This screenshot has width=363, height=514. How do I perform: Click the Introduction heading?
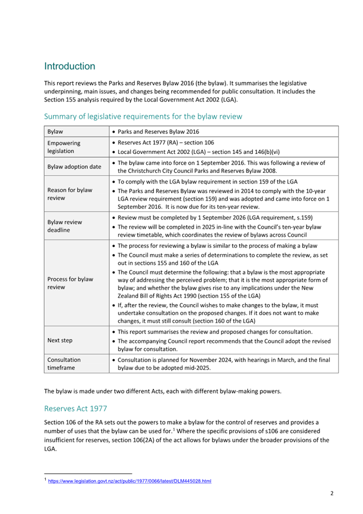click(70, 67)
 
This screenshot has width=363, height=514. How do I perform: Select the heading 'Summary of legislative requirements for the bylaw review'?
click(143, 116)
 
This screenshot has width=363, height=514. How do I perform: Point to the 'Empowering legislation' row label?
click(63, 147)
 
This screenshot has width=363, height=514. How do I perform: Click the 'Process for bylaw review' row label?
click(70, 283)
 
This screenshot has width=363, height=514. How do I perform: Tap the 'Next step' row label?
click(60, 341)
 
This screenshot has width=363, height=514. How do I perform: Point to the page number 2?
click(332, 493)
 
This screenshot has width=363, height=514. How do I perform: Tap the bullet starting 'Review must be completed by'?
click(215, 217)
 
